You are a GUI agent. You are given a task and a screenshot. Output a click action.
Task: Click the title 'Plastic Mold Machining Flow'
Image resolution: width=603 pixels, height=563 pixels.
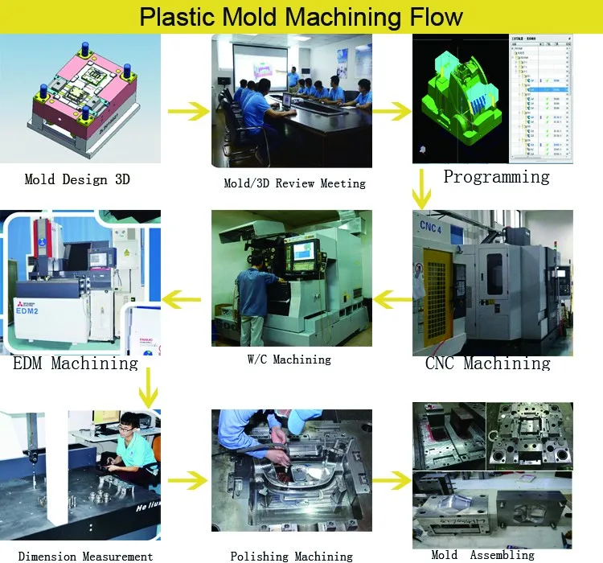tap(301, 17)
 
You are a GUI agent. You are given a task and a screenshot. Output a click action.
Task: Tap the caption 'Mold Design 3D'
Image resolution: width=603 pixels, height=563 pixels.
tap(77, 179)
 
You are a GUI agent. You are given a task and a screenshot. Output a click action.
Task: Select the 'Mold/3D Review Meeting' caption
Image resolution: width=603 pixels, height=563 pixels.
tap(294, 183)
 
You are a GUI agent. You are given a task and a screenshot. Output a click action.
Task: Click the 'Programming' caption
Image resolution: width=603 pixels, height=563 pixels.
tap(496, 177)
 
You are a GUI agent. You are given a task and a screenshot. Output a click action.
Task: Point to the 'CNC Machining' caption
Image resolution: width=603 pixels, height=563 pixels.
tap(487, 364)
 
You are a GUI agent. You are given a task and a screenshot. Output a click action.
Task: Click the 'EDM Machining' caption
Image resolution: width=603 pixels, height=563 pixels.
tap(76, 364)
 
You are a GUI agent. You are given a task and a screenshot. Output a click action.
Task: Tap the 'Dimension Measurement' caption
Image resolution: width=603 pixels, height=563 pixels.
tap(85, 556)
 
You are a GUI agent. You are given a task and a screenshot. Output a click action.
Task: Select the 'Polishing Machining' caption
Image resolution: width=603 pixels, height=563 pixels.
tap(291, 556)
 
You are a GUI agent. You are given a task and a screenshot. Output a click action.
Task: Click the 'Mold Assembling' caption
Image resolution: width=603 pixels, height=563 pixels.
tap(482, 554)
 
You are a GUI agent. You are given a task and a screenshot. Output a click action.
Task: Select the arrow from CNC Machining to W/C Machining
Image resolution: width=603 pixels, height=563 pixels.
tap(392, 301)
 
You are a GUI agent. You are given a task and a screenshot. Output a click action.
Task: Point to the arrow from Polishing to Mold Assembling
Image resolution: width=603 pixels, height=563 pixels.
tap(392, 480)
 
